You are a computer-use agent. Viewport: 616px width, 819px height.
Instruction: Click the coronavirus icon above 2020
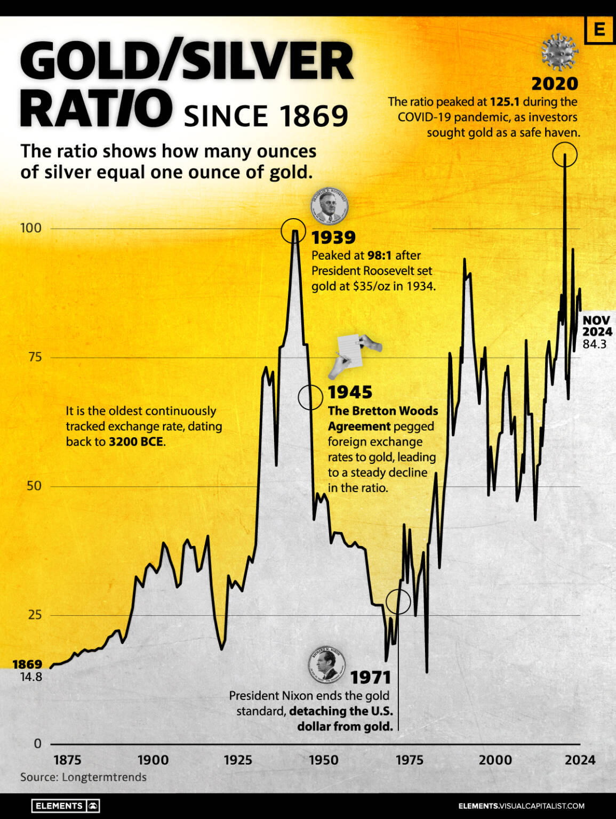click(x=559, y=52)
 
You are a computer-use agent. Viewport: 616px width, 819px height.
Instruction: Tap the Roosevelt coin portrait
click(x=330, y=206)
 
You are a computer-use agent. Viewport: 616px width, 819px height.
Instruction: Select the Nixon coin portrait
click(x=326, y=666)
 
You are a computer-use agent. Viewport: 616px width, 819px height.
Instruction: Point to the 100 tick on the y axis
click(x=30, y=228)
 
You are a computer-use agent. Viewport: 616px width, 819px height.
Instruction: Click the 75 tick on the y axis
click(x=35, y=357)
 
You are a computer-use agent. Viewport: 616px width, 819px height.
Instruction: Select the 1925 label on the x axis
click(x=238, y=760)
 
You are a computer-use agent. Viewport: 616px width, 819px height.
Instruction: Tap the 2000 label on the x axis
click(x=495, y=760)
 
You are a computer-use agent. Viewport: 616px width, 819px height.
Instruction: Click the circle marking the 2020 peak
click(x=564, y=155)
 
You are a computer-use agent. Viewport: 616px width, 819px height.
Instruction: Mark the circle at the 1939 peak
click(x=293, y=230)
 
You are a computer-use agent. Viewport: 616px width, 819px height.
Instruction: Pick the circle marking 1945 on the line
click(x=310, y=397)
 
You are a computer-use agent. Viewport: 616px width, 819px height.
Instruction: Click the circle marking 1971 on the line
click(x=398, y=601)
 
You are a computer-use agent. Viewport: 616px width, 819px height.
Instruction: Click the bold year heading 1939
click(x=333, y=237)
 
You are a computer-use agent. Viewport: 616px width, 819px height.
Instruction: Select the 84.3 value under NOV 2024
click(x=595, y=344)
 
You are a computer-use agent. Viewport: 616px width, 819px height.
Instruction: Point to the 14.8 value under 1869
click(x=31, y=677)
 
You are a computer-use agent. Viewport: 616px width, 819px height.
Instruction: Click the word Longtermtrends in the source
click(x=104, y=777)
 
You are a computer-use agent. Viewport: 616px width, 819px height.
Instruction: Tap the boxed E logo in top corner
click(x=599, y=29)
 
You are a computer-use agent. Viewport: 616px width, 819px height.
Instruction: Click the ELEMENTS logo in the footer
click(x=65, y=806)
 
